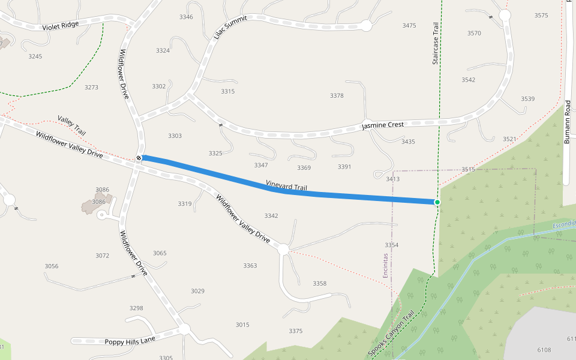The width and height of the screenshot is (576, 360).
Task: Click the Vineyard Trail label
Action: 286,185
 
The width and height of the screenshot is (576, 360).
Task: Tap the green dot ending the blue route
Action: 437,202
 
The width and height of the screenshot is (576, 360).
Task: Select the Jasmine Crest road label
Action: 383,124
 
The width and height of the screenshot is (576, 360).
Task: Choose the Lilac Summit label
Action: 230,27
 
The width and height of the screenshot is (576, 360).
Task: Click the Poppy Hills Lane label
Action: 130,341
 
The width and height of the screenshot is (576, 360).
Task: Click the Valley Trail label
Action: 72,124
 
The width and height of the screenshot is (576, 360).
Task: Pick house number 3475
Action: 409,26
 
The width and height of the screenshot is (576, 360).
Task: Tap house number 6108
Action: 544,350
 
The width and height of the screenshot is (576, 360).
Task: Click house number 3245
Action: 35,56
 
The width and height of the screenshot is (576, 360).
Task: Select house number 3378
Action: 337,96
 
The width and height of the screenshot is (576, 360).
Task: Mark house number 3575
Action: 541,15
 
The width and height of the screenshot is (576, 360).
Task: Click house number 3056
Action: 52,266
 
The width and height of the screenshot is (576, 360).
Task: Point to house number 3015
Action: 242,325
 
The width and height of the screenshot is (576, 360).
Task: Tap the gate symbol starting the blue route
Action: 139,158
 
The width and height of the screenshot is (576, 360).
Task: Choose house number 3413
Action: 393,179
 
